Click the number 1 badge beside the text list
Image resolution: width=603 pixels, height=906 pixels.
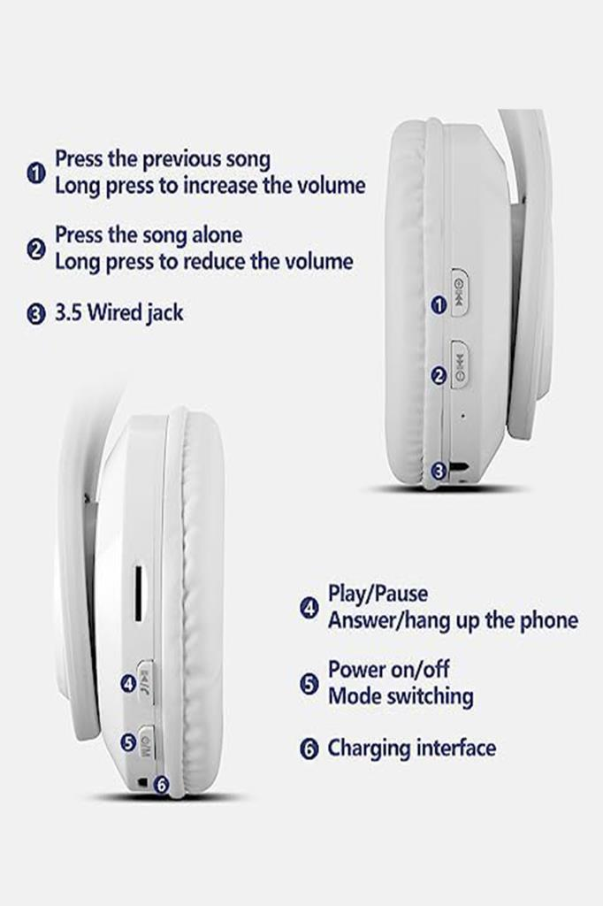pos(36,173)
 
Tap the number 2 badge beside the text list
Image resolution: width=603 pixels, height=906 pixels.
pos(36,249)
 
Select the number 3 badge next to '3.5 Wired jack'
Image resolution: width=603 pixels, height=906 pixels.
pos(36,314)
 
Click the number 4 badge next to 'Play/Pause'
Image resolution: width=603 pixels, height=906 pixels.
pos(309,608)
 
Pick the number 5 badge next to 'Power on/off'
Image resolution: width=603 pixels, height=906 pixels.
pos(309,684)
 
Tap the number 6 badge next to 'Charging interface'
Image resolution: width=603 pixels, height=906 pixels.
pos(309,749)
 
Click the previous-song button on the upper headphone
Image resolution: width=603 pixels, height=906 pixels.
pos(459,292)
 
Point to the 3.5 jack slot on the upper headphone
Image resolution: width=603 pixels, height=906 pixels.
pos(460,465)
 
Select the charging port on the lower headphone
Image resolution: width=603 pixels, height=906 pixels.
pos(141,783)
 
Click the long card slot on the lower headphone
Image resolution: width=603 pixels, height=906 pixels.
pos(139,595)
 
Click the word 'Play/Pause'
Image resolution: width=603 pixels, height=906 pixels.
pos(378,595)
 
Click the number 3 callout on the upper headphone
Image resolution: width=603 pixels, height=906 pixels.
pos(439,471)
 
